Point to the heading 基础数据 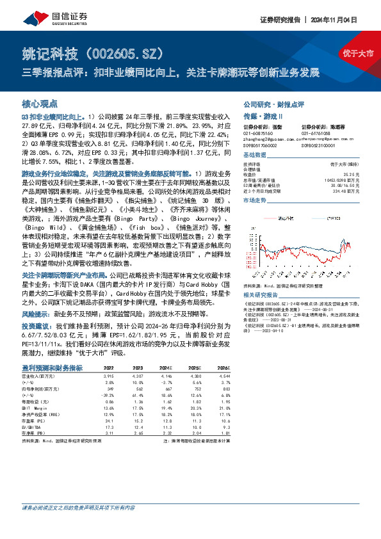tap(254, 156)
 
